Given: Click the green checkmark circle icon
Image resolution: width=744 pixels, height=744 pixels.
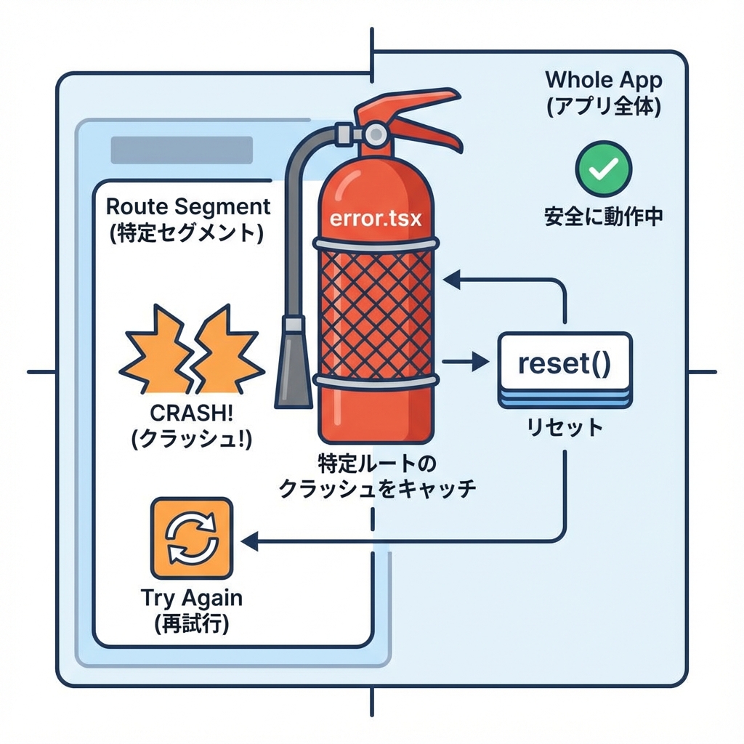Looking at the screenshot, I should (603, 168).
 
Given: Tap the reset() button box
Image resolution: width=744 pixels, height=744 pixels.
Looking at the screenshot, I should (564, 363).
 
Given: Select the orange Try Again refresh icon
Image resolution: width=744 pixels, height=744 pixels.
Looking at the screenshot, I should (190, 539).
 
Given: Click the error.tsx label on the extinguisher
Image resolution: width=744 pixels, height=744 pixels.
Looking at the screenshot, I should (375, 218).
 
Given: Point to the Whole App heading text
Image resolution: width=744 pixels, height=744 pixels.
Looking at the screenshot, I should (603, 79).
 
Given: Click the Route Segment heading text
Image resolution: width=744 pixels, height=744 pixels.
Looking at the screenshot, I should (188, 206).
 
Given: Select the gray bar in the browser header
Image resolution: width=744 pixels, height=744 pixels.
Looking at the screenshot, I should (181, 150).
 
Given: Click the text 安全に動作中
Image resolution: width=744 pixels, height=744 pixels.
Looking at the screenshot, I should (603, 216).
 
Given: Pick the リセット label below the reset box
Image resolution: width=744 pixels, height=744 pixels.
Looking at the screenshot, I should (565, 427).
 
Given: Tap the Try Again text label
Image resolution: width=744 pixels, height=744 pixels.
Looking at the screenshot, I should (191, 599).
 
